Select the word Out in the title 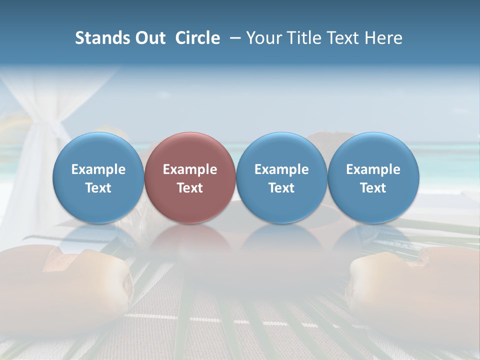[150, 38]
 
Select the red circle [190, 177]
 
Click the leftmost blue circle [98, 177]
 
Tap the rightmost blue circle [373, 177]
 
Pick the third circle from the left [281, 177]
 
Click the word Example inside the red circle [190, 169]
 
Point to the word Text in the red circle [190, 188]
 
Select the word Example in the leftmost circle [98, 169]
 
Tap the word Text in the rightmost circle [373, 188]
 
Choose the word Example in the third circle [281, 169]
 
